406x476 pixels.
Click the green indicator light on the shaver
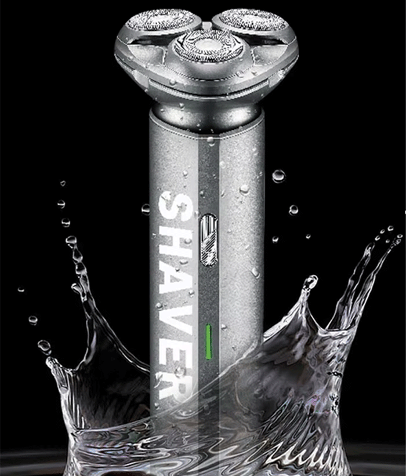click(208, 341)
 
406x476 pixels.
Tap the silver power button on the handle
click(208, 240)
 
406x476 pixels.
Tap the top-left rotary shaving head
click(161, 21)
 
